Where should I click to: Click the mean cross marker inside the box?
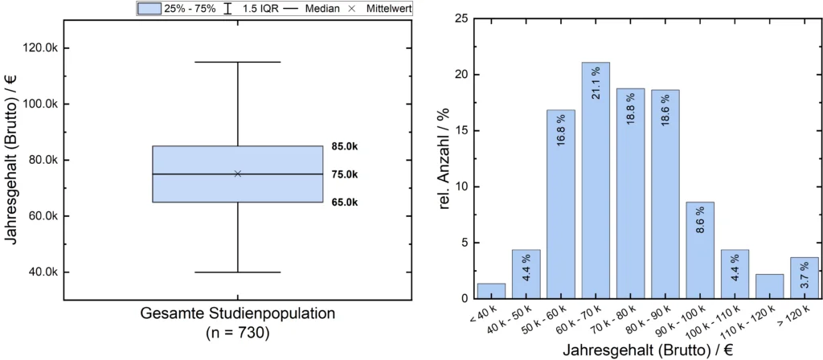[x=238, y=174]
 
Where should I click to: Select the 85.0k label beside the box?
[x=344, y=146]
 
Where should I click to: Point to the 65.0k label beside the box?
[x=344, y=202]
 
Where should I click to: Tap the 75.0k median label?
[x=344, y=174]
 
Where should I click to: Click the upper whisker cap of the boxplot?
[x=238, y=62]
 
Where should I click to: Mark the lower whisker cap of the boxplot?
[x=238, y=272]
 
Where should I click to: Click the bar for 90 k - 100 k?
[x=700, y=250]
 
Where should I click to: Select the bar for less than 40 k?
[x=491, y=291]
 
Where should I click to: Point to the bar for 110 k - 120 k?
[x=770, y=286]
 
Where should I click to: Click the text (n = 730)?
[x=238, y=330]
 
